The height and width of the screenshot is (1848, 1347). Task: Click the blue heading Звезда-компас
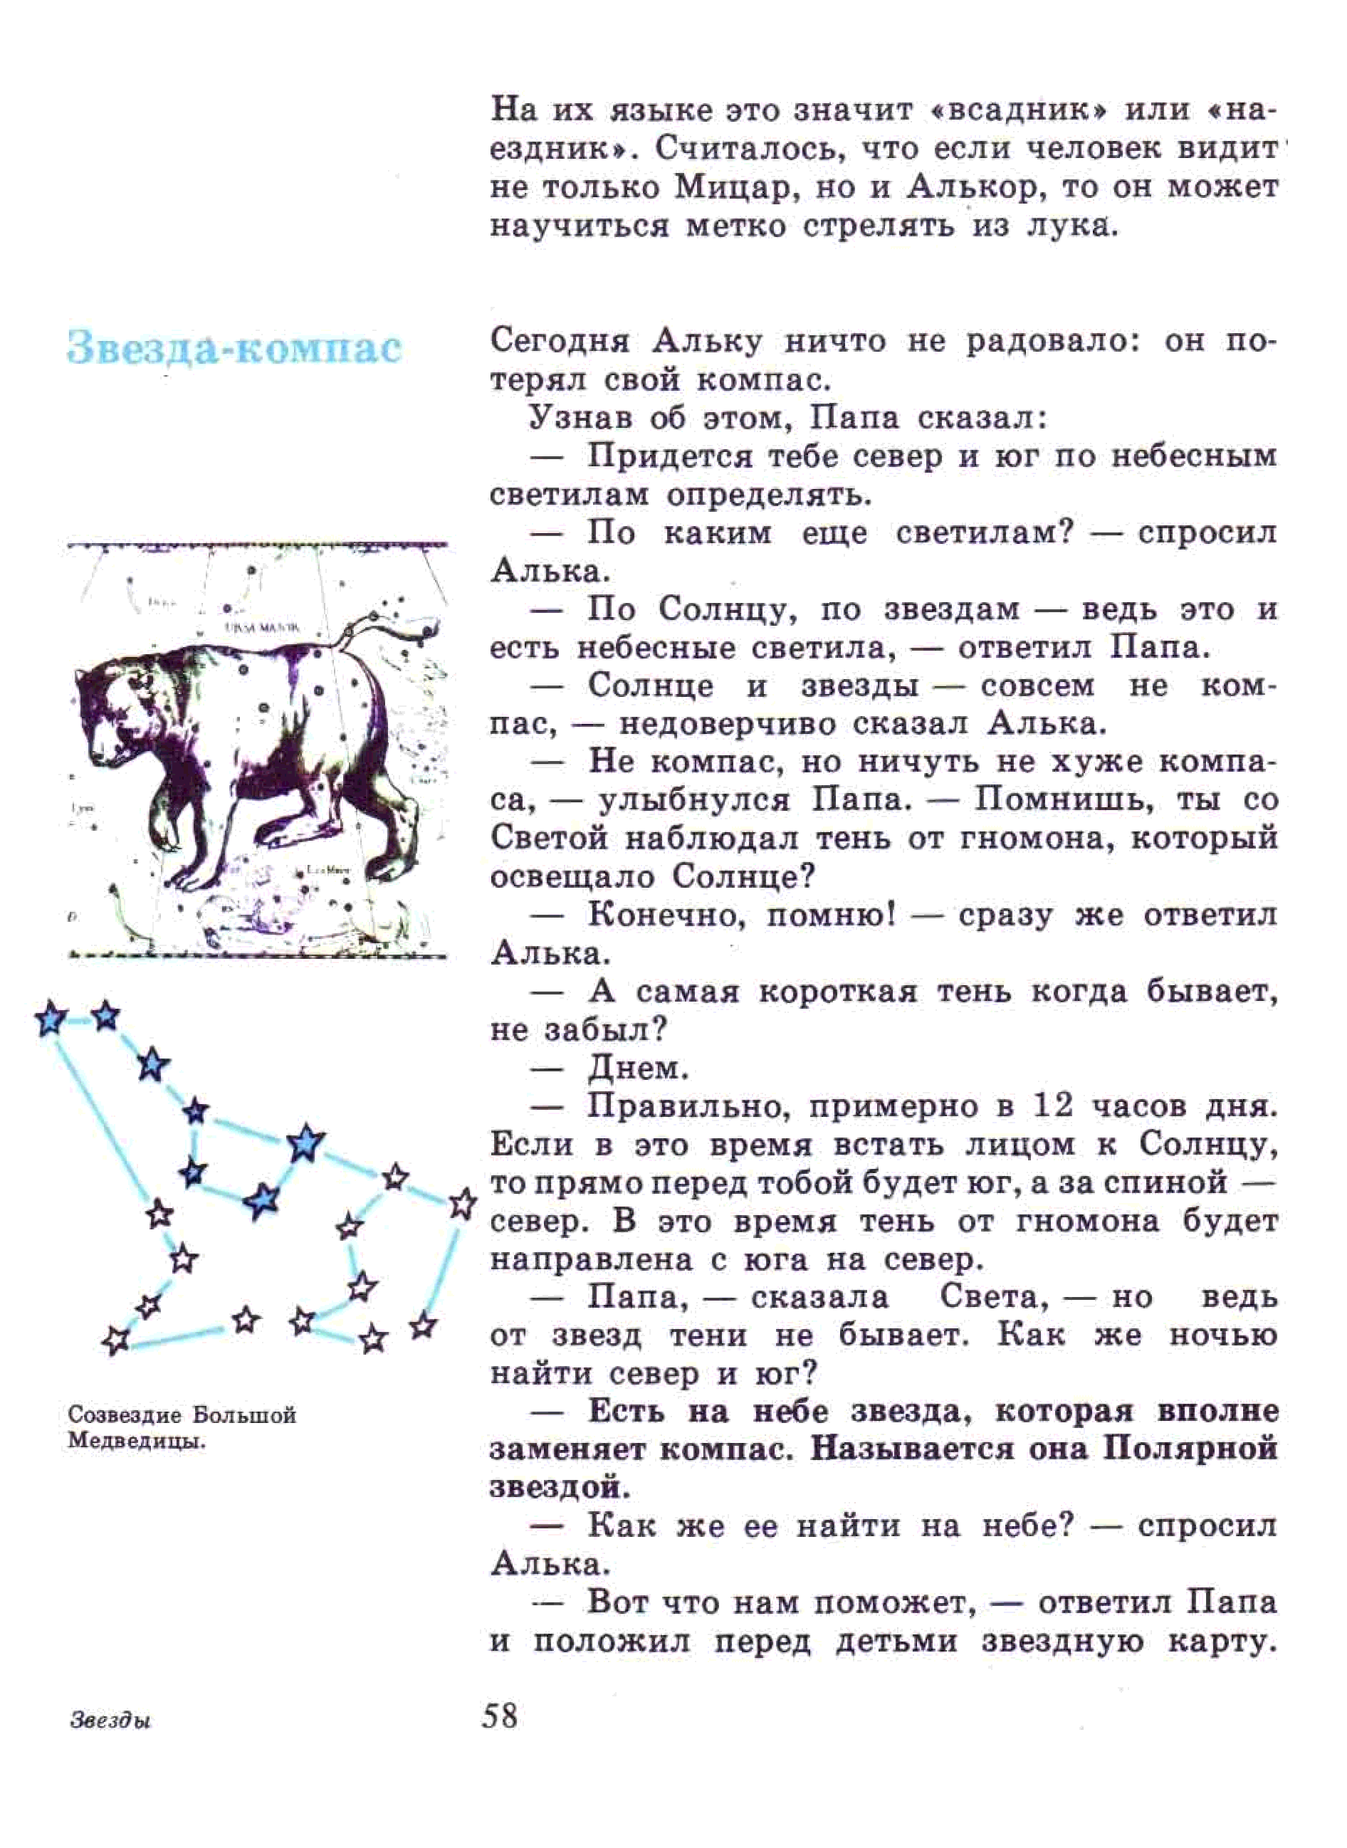click(x=235, y=348)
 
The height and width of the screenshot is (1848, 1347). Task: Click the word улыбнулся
click(x=694, y=802)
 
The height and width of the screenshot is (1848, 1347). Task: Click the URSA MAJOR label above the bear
click(x=262, y=628)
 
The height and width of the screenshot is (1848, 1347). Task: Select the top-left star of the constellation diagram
click(x=51, y=1019)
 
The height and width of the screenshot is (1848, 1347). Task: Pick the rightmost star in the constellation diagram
click(x=463, y=1203)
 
